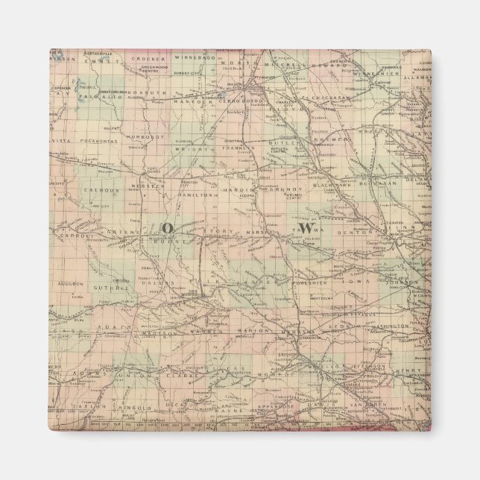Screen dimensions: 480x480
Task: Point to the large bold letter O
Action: tap(166, 227)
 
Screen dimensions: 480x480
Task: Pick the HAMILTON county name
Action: tap(196, 192)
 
